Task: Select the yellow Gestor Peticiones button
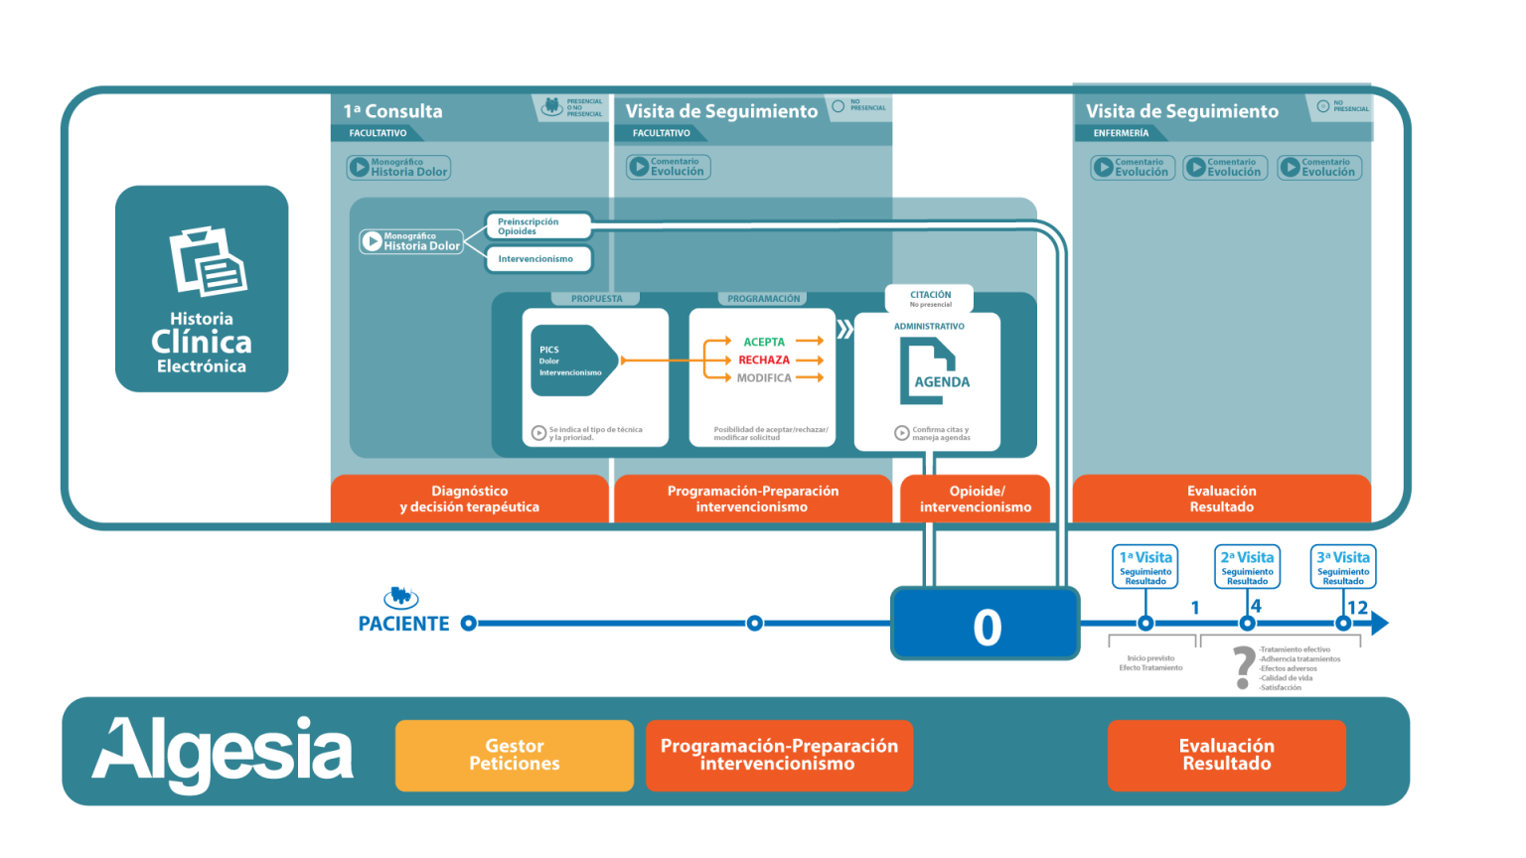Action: coord(514,755)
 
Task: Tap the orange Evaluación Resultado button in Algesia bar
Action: coord(1226,755)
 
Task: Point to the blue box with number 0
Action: coord(985,625)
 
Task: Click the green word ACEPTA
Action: coord(763,342)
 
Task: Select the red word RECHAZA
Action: coord(763,359)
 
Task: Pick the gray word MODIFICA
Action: coord(763,377)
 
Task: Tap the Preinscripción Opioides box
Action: coord(537,226)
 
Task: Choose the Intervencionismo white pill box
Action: coord(537,259)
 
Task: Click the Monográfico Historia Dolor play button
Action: coord(373,241)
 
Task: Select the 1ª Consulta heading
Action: coord(393,111)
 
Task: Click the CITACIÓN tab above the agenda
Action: coord(929,297)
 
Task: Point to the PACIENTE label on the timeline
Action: coord(403,624)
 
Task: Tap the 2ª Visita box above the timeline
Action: coord(1247,566)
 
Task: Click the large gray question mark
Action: coord(1242,667)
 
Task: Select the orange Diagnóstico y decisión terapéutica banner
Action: coord(469,499)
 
